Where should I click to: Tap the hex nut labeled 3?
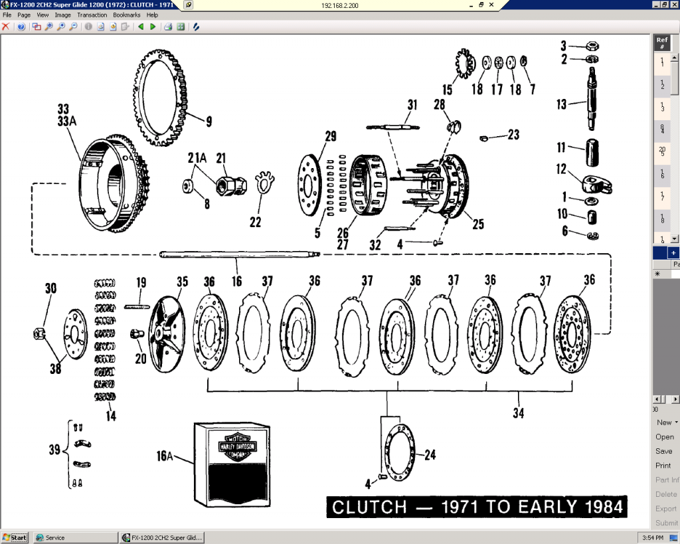pos(590,46)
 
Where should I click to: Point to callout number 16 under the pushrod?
pos(236,282)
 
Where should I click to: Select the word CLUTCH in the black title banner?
pos(369,508)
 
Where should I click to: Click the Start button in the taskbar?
pos(15,537)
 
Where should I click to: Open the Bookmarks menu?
pos(126,15)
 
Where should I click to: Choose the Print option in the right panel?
pos(663,466)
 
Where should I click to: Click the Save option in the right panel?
pos(663,451)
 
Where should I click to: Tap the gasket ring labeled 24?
pos(397,456)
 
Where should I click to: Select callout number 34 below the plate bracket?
pos(519,413)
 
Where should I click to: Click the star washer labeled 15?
pos(463,65)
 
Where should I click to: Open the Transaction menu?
pos(92,15)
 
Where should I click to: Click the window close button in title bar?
pos(673,5)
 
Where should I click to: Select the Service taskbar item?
pos(55,537)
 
